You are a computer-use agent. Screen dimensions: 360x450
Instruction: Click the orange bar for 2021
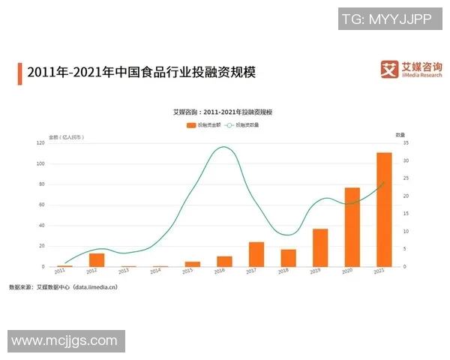pos(384,209)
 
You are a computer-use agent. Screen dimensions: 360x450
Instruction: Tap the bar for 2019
pos(320,247)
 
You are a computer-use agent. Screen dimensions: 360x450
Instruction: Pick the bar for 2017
pos(256,254)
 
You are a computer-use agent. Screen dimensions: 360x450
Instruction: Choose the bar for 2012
pos(97,259)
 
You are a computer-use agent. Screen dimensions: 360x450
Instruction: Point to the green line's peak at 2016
pos(223,147)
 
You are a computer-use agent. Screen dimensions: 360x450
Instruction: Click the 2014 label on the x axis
pos(155,271)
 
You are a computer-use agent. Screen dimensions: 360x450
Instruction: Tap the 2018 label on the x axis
pos(289,271)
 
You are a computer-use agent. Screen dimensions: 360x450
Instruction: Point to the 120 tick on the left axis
pos(40,142)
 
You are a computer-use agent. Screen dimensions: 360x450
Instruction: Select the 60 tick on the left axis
pos(41,205)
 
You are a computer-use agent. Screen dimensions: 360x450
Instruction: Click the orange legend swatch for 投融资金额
pos(191,124)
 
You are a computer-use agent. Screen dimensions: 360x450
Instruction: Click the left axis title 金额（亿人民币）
pos(66,136)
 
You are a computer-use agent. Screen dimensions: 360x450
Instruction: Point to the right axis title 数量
pos(400,134)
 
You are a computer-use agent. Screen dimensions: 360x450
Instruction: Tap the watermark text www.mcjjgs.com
pos(65,341)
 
